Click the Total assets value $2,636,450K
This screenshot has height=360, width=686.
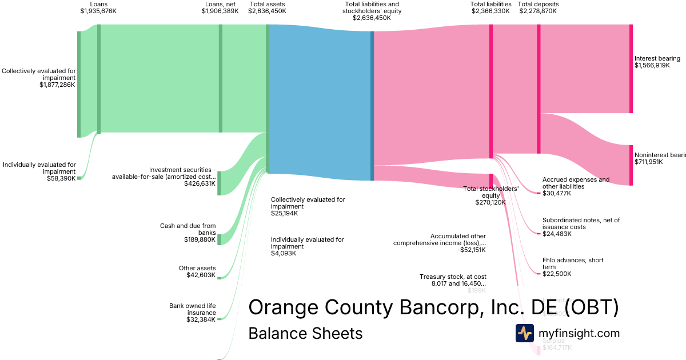pyautogui.click(x=267, y=11)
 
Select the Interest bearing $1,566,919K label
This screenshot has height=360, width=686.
pyautogui.click(x=657, y=62)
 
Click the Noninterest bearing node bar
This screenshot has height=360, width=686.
pyautogui.click(x=631, y=166)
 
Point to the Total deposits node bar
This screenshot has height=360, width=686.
pyautogui.click(x=539, y=89)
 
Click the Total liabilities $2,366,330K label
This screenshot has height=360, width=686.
pyautogui.click(x=490, y=7)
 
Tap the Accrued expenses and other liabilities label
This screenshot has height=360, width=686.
pyautogui.click(x=576, y=186)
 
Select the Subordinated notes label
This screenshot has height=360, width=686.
pyautogui.click(x=581, y=227)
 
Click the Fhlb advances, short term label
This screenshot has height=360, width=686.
pyautogui.click(x=572, y=267)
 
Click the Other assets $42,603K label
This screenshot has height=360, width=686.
pyautogui.click(x=197, y=271)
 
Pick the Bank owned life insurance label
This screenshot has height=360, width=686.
pyautogui.click(x=193, y=313)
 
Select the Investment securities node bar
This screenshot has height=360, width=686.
pyautogui.click(x=219, y=183)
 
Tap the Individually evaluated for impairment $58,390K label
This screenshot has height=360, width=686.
pyautogui.click(x=39, y=171)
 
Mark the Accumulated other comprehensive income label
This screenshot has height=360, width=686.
pyautogui.click(x=440, y=243)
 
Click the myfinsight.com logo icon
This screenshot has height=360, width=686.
pyautogui.click(x=524, y=333)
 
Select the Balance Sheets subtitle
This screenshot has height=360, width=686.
pyautogui.click(x=305, y=333)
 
